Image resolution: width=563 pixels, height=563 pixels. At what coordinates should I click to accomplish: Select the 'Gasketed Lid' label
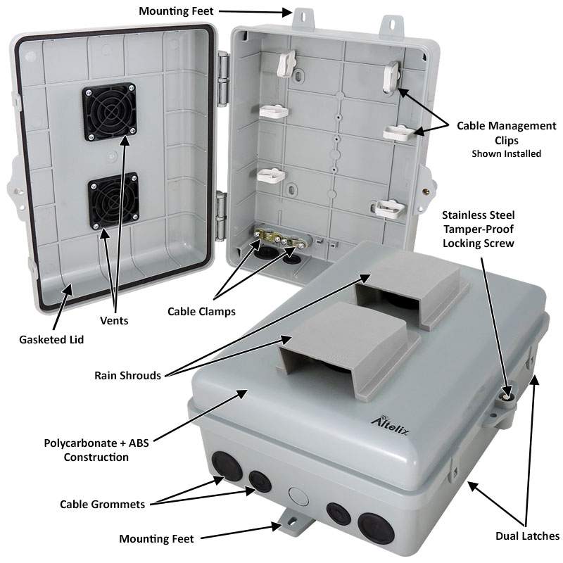click(x=51, y=340)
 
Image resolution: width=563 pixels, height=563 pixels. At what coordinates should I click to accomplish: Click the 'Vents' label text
click(x=124, y=320)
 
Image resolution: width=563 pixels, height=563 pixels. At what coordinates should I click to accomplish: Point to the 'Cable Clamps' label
click(x=201, y=310)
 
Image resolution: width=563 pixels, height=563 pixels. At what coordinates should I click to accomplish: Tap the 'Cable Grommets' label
click(x=102, y=504)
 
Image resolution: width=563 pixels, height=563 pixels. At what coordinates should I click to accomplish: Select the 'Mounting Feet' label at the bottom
click(x=156, y=539)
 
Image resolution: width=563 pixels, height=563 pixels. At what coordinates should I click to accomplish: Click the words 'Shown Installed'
click(x=506, y=153)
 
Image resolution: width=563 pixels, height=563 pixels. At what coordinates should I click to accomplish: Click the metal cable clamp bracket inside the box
click(x=279, y=240)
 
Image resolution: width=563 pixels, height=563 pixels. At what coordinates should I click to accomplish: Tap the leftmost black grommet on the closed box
click(x=226, y=464)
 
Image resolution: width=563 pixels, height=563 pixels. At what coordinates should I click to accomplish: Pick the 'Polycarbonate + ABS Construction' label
click(x=87, y=450)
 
